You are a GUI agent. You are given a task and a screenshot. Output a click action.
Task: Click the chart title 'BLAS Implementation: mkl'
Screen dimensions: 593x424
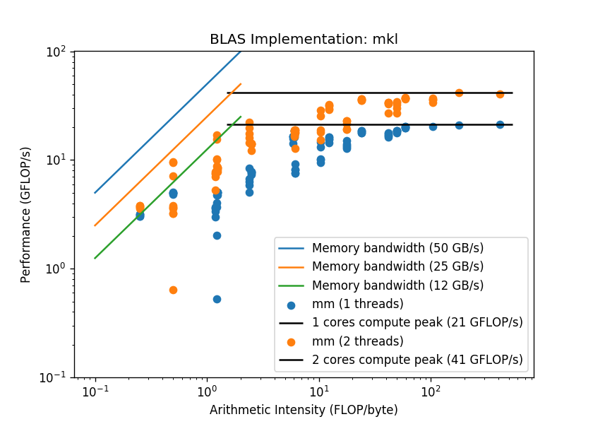(304, 39)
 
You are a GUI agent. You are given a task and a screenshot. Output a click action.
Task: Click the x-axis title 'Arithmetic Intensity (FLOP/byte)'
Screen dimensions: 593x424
(304, 410)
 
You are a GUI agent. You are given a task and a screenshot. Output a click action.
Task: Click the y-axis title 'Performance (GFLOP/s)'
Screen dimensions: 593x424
(25, 215)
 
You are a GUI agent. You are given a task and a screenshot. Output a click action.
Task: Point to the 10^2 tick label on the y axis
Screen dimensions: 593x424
(56, 52)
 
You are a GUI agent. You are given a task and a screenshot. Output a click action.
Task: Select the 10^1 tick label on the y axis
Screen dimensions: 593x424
(56, 160)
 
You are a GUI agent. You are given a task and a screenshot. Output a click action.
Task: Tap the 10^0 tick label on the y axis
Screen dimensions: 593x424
(56, 269)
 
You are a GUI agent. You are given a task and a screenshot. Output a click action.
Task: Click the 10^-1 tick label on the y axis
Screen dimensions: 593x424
(52, 377)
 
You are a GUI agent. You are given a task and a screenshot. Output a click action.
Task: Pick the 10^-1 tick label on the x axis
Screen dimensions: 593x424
(95, 391)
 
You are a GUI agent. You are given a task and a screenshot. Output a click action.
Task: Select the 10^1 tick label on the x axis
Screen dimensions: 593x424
(319, 391)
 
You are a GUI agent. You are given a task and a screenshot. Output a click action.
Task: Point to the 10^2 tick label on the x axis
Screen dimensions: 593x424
(431, 391)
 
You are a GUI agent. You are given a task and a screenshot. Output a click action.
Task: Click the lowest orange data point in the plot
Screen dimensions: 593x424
(173, 290)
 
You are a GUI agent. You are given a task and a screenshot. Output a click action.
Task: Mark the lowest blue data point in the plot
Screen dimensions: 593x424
(217, 299)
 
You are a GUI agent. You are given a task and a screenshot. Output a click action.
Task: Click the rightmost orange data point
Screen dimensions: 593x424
(500, 94)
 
